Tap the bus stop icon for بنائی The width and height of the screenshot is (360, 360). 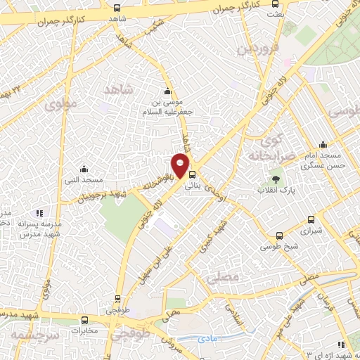tap(193, 176)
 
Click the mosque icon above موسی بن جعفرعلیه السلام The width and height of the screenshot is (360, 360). tap(167, 91)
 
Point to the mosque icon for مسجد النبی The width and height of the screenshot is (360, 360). tap(84, 169)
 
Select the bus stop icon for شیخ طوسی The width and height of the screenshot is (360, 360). tap(280, 236)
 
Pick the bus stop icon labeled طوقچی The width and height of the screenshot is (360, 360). tap(117, 298)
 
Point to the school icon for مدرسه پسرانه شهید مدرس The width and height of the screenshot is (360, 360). tap(39, 212)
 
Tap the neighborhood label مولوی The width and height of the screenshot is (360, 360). tap(59, 105)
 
